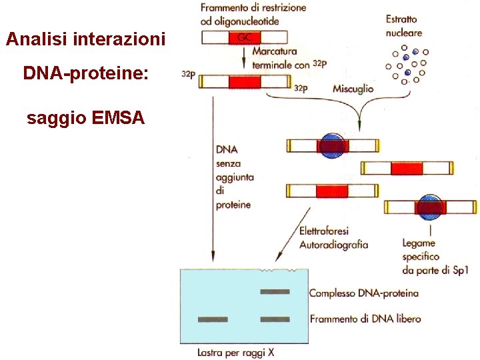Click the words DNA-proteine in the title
point(84,72)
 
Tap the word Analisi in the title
point(37,39)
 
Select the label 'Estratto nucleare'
point(404,27)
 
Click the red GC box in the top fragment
point(245,37)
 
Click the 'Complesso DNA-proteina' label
point(363,293)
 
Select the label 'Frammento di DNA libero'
point(365,319)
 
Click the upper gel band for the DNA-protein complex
point(274,292)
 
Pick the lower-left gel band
point(213,320)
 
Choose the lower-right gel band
point(274,320)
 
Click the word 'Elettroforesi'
point(324,231)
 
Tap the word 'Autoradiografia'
point(333,245)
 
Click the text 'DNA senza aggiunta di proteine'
point(234,177)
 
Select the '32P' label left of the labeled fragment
point(189,75)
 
